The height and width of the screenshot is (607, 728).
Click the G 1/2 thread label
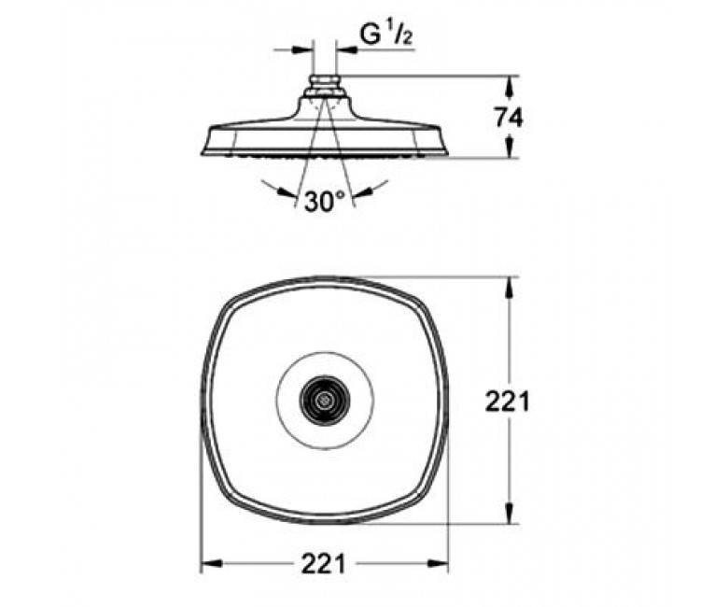click(385, 35)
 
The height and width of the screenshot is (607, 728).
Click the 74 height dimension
click(509, 118)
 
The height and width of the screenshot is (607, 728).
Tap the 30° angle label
click(325, 201)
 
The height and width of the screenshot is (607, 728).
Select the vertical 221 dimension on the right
click(507, 402)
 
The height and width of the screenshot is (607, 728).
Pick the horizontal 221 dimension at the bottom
click(324, 564)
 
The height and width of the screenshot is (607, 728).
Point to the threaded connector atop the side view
click(324, 86)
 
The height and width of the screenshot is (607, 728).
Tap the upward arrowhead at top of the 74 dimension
click(510, 86)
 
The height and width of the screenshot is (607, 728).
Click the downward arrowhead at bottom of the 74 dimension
click(510, 147)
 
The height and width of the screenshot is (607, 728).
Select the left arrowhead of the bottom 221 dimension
click(211, 564)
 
